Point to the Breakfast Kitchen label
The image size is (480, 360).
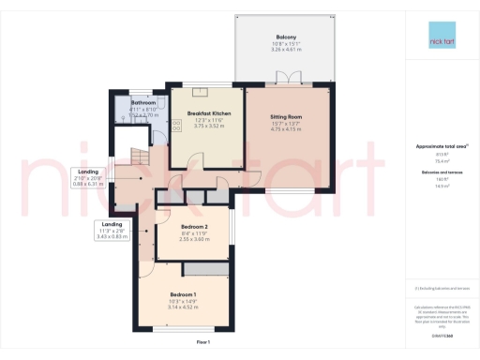(x=203, y=112)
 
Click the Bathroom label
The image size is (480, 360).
(x=142, y=102)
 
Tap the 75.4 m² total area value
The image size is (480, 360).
(x=437, y=160)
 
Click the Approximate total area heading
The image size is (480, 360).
(x=437, y=146)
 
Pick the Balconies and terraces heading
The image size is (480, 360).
(x=437, y=173)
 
